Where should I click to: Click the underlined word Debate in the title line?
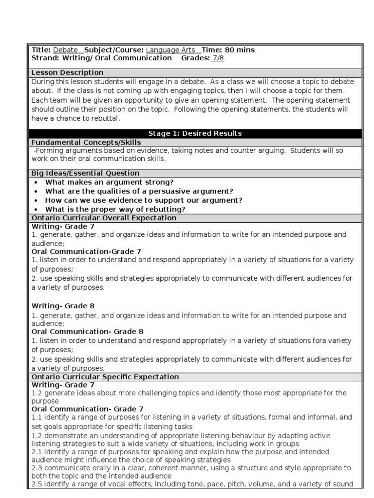point(65,50)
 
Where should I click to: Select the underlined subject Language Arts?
point(170,50)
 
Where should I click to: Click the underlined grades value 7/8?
point(217,58)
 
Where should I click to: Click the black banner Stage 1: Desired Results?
point(195,133)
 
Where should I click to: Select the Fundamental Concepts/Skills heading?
point(86,142)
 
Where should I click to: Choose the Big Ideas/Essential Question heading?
point(85,173)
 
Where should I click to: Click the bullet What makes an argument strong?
point(110,182)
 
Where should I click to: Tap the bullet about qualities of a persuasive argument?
point(139,191)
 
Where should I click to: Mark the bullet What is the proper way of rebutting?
point(115,209)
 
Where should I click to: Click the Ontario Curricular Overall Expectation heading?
point(104,218)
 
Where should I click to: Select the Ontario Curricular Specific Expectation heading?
point(105,377)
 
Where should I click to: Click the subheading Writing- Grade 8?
point(63,306)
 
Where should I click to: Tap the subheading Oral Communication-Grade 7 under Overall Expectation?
point(86,251)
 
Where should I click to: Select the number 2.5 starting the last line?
point(37,484)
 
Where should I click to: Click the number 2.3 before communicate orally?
point(37,468)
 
